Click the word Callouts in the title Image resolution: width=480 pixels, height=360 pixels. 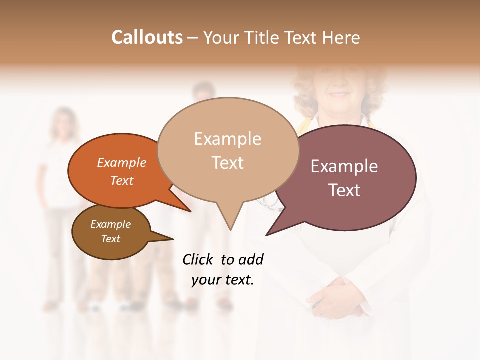click(147, 37)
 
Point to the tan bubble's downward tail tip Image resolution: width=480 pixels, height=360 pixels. click(230, 229)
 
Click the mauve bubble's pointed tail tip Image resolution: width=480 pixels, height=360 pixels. click(267, 234)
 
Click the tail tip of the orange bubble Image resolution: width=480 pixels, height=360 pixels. click(190, 211)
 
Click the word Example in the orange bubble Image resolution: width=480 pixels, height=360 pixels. click(121, 162)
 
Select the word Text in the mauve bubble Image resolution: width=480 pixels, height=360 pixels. click(344, 190)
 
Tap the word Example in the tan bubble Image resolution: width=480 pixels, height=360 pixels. click(227, 139)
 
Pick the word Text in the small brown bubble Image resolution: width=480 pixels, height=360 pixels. click(110, 239)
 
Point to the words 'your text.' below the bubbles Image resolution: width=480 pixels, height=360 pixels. click(223, 280)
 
